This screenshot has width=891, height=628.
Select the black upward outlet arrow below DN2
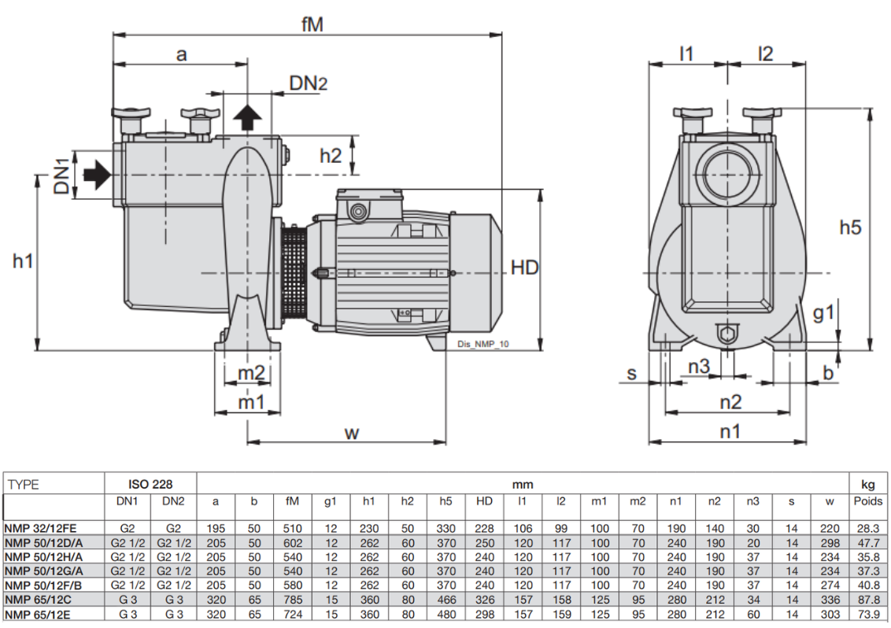point(249,118)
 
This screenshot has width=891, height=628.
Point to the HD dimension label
point(525,268)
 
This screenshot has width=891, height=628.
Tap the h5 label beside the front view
point(851,227)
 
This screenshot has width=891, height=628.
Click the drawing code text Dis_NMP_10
point(482,344)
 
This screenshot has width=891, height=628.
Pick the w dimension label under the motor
point(352,433)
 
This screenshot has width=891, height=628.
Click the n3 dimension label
point(699,366)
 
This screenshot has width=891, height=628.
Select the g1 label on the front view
point(823,313)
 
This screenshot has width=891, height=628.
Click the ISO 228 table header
point(150,484)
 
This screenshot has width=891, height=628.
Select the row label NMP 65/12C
point(37,600)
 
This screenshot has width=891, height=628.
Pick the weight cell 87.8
point(868,600)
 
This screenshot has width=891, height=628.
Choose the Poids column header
point(868,501)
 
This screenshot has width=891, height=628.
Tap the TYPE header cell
point(23,485)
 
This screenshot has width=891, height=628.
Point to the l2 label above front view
point(765,54)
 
